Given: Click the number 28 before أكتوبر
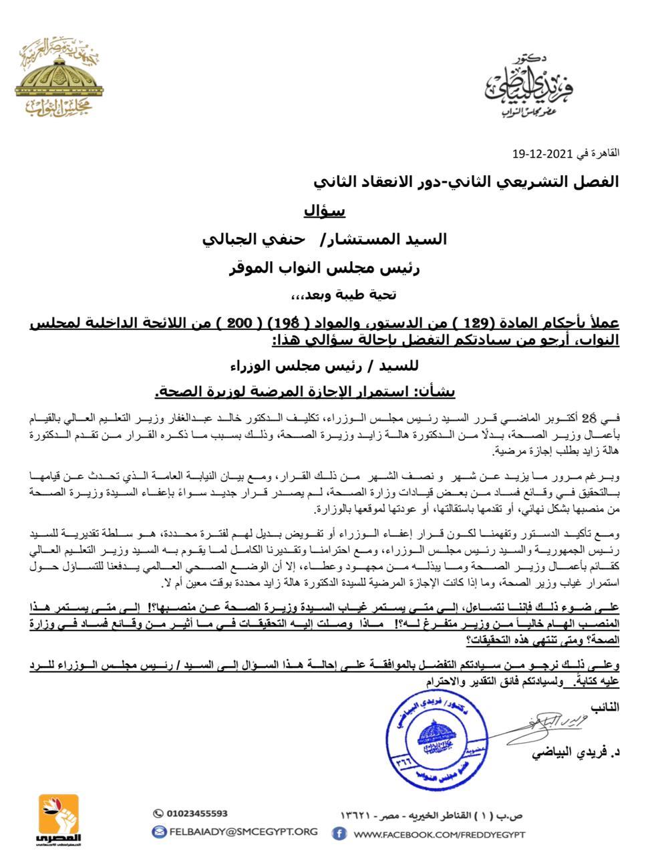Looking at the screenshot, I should click(587, 418).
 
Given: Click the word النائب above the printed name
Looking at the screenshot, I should click(605, 706).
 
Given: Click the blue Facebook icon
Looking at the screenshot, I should click(339, 834).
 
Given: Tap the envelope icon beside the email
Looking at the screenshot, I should click(159, 832).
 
